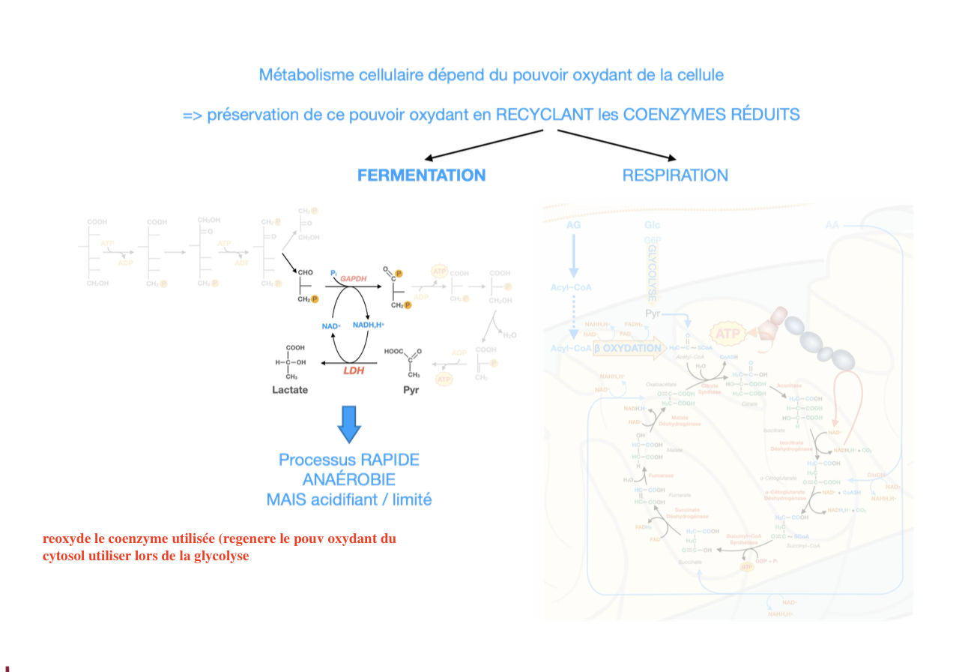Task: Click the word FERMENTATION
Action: [421, 175]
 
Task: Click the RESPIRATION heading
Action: [675, 175]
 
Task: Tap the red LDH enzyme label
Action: [354, 370]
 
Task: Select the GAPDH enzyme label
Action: [354, 279]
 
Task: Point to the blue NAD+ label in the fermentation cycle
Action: [331, 326]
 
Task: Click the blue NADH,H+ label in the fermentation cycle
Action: [368, 325]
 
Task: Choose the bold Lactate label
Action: [290, 390]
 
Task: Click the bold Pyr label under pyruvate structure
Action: [411, 390]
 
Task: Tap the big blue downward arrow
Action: [349, 424]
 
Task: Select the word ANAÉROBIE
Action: [349, 479]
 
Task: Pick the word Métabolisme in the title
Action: [303, 75]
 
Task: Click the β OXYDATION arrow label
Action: [628, 349]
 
